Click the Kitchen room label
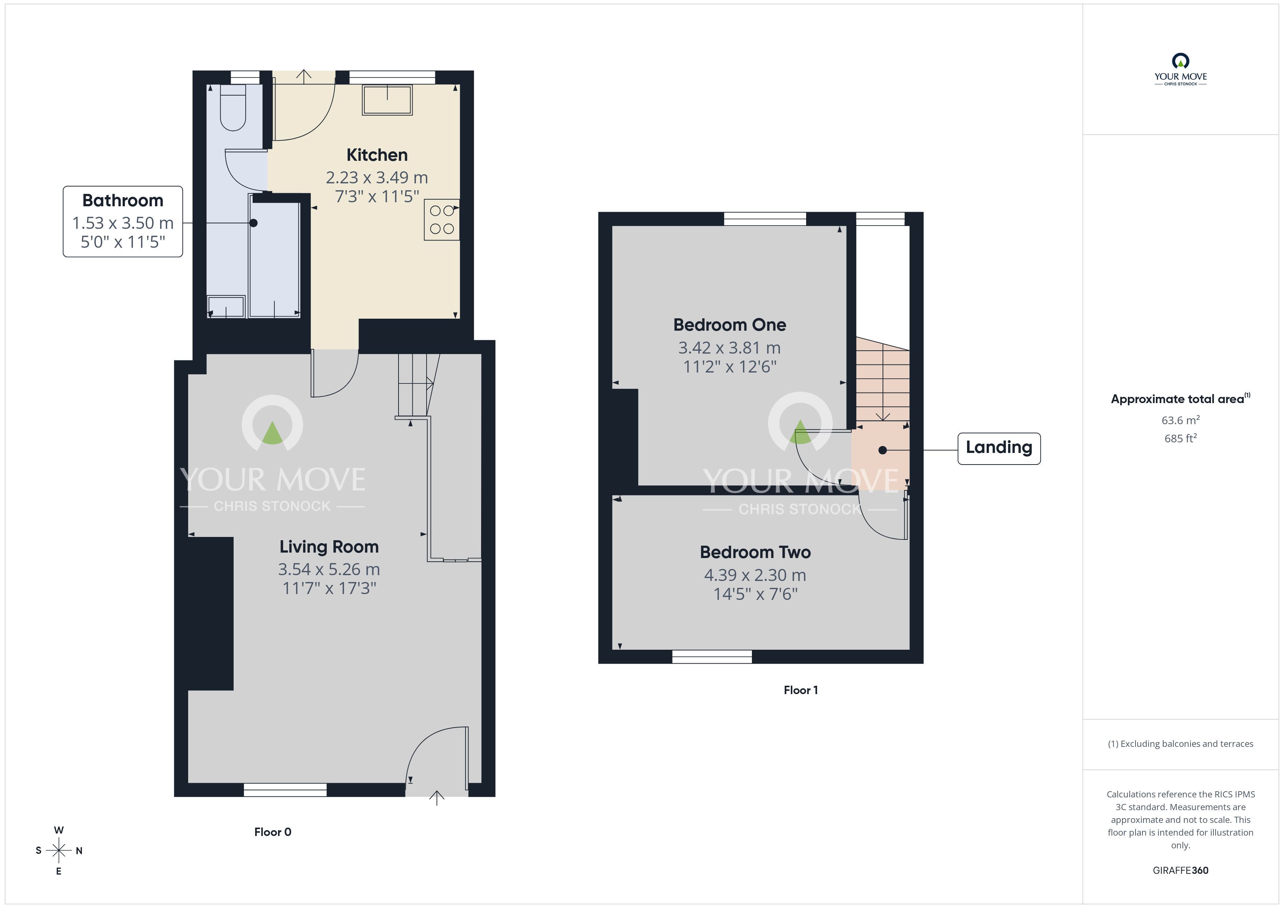[377, 155]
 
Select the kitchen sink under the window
[387, 100]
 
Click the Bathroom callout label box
[123, 222]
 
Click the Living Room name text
[329, 546]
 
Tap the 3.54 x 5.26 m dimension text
[329, 569]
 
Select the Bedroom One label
[729, 325]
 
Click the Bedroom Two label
[755, 553]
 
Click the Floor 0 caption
[273, 832]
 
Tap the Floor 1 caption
[801, 690]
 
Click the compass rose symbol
[59, 851]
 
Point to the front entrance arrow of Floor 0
[437, 798]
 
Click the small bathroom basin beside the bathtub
[226, 307]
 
